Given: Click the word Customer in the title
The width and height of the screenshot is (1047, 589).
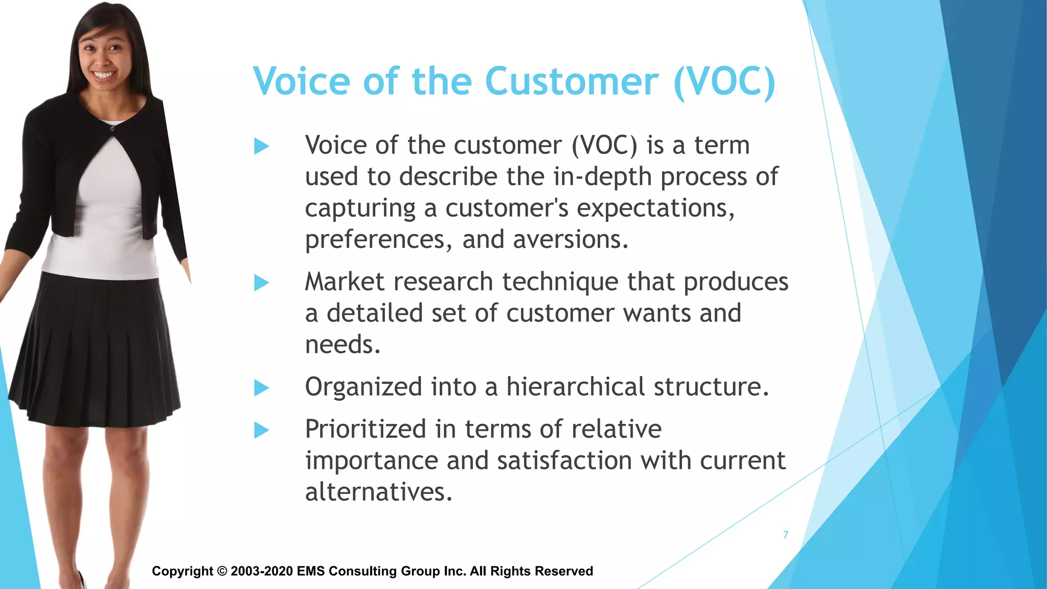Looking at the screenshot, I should click(x=572, y=81).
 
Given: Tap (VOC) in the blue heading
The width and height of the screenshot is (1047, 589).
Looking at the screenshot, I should click(x=724, y=81).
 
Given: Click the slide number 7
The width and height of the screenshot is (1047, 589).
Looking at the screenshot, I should click(x=786, y=535).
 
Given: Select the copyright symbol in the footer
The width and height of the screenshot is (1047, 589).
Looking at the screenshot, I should click(x=222, y=571).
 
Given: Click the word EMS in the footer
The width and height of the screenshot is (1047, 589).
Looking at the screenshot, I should click(x=310, y=571).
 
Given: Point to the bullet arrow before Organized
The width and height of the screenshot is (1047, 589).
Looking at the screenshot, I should click(x=261, y=388).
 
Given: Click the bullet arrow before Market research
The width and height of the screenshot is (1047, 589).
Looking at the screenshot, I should click(x=261, y=283).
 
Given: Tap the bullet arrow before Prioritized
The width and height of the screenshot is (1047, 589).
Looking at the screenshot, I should click(x=261, y=430).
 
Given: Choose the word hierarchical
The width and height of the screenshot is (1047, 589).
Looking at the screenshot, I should click(x=576, y=387).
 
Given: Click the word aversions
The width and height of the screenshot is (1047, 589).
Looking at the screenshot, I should click(x=570, y=240).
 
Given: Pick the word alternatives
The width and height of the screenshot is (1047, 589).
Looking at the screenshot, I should click(x=378, y=492).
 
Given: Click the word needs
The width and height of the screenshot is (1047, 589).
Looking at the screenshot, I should click(x=343, y=345).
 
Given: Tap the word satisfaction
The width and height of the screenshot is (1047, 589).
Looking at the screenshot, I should click(x=564, y=460).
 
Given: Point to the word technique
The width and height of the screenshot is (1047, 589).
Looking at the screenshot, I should click(x=560, y=282).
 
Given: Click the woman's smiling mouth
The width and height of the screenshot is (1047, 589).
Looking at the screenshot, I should click(x=104, y=76).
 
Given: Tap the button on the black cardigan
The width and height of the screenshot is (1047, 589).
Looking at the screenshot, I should click(x=112, y=129).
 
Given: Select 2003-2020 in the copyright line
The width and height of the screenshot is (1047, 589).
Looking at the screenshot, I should click(x=262, y=571).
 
